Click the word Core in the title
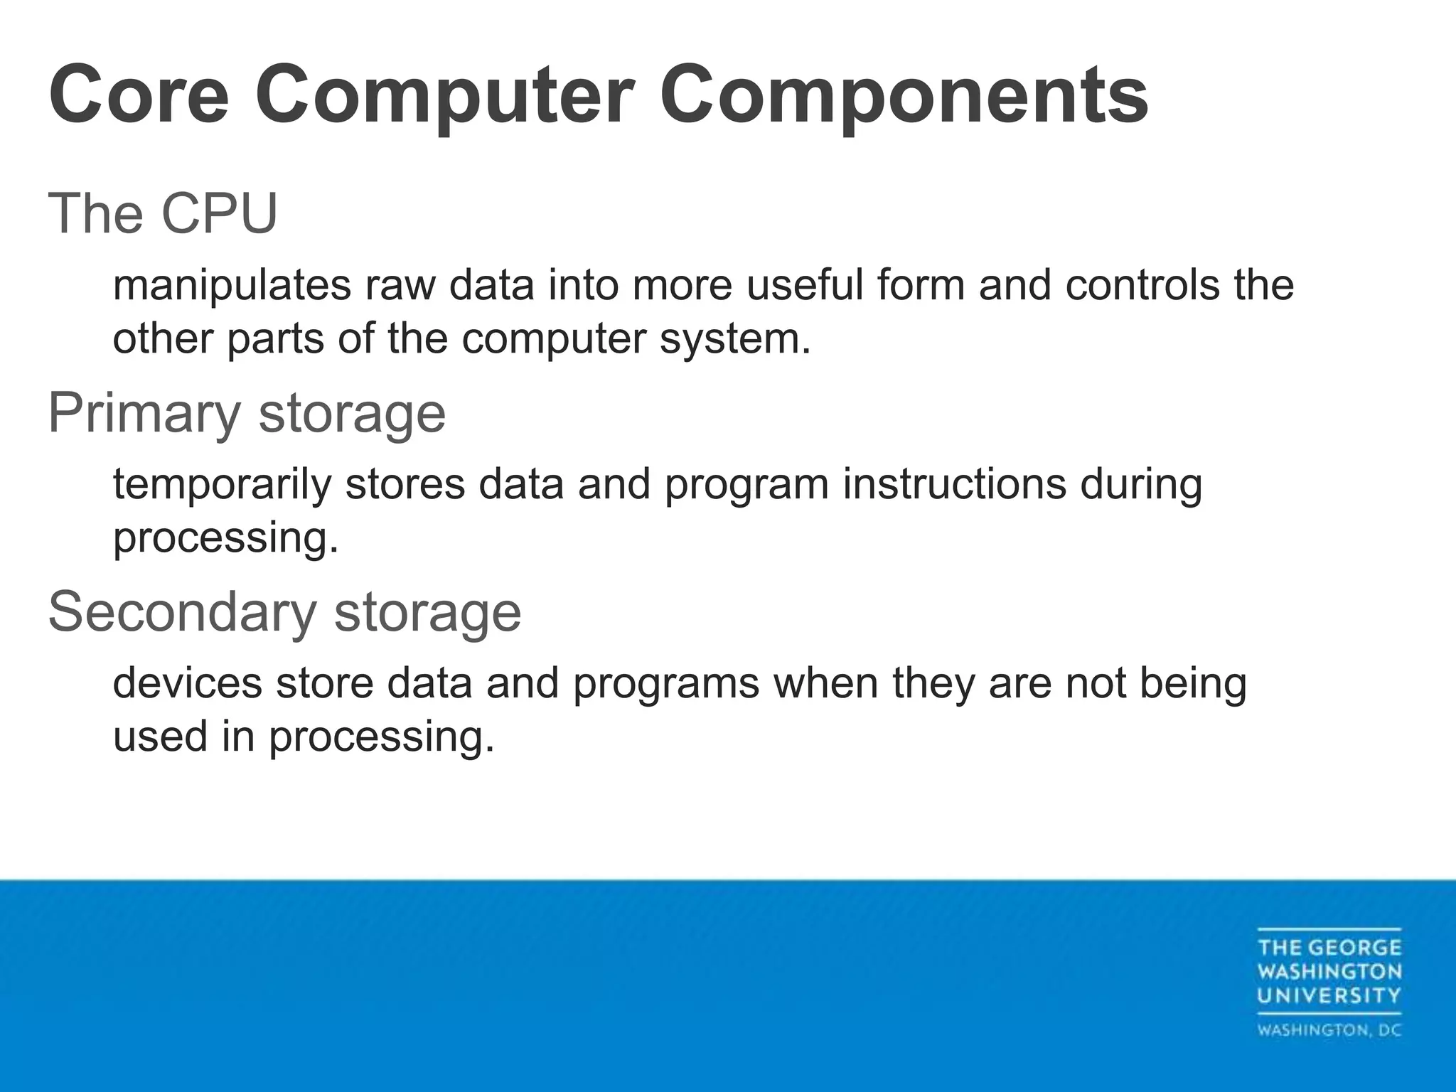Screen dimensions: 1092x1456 coord(139,95)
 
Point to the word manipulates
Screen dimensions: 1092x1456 coord(232,285)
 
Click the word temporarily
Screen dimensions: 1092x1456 coord(222,484)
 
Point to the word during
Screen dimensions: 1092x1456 coord(1140,484)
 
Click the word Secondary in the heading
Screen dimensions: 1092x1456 coord(182,612)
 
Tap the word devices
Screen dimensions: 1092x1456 coord(188,683)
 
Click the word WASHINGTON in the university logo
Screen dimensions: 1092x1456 coord(1329,971)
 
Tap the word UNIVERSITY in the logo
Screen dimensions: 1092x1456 coord(1329,995)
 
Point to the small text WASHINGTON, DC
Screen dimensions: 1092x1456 coord(1329,1030)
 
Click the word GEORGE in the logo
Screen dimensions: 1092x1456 coord(1354,948)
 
